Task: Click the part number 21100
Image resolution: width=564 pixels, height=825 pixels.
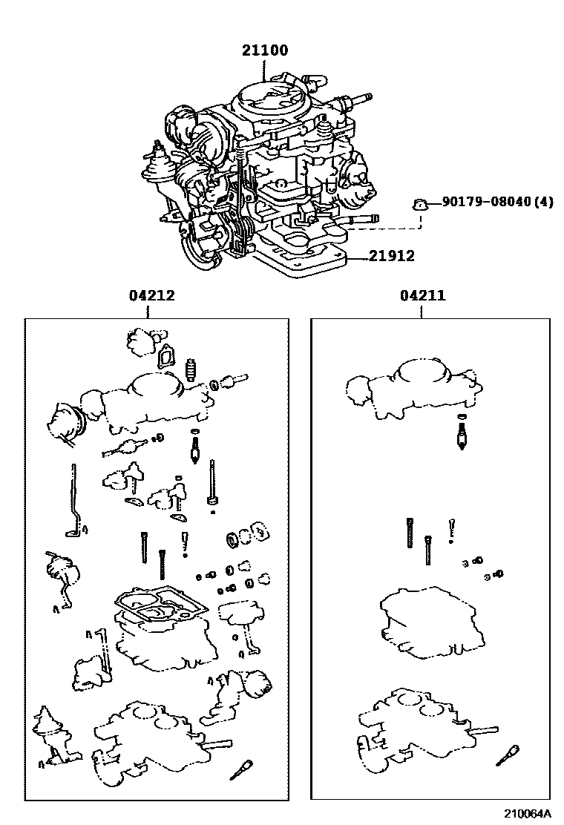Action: tap(265, 50)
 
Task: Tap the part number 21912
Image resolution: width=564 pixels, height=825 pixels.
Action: tap(391, 256)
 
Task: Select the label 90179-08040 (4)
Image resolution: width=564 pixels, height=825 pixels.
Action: tap(497, 202)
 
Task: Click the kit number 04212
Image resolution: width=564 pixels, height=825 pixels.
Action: tap(151, 295)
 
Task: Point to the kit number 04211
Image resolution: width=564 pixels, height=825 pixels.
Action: tap(422, 295)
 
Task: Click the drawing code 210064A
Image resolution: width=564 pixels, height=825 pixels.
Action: tap(528, 813)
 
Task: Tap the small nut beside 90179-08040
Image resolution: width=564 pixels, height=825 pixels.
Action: tap(419, 203)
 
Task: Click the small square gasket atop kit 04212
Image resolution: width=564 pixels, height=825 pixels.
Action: tap(166, 356)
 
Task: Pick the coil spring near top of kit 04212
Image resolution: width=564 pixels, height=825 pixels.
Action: tap(191, 370)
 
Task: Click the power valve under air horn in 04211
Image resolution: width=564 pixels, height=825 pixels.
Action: tap(462, 433)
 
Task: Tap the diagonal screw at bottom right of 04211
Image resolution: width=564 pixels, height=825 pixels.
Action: tap(508, 755)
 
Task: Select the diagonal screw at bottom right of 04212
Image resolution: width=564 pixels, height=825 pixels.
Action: tap(241, 770)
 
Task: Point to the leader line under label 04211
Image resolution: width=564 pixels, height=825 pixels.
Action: tap(422, 312)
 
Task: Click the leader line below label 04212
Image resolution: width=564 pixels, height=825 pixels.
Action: tap(148, 312)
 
